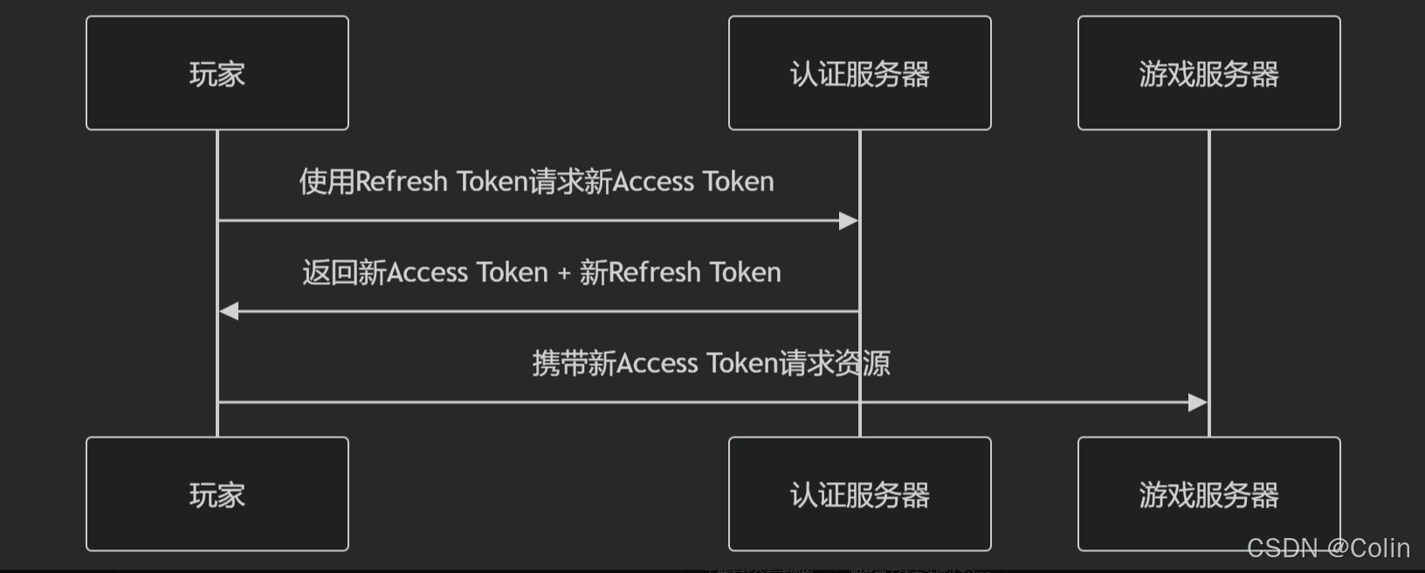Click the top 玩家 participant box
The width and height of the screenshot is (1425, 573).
217,73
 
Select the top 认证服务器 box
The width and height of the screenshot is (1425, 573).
859,73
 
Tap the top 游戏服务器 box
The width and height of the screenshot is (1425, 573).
1208,73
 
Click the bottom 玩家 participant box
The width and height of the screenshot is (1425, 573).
217,494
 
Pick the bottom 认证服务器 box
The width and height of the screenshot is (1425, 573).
859,494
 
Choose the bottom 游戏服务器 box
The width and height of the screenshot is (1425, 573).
1208,494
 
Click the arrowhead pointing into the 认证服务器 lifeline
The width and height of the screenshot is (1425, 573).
848,221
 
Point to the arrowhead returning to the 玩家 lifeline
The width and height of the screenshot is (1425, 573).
230,311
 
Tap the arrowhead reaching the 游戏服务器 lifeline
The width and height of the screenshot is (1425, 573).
1197,402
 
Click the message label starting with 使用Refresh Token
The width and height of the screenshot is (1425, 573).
536,182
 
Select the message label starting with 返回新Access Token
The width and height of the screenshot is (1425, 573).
541,273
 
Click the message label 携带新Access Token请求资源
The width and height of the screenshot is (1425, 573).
711,363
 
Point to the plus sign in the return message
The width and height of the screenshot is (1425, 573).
564,273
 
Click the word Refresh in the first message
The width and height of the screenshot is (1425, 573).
402,182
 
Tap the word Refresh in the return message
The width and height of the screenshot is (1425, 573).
655,273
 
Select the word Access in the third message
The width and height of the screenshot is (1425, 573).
657,363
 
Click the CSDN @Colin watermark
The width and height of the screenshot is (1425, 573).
1328,548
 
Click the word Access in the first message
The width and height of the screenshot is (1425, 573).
654,182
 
